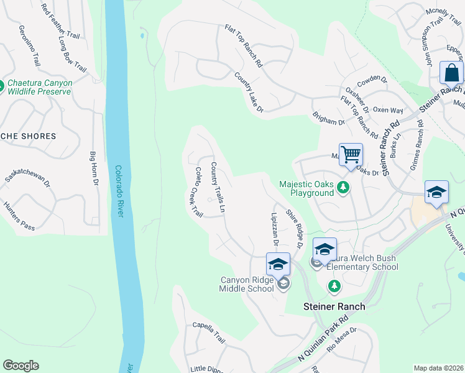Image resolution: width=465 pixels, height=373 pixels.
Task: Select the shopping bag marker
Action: point(451,73)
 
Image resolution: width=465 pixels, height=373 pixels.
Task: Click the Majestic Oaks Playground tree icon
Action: point(342,187)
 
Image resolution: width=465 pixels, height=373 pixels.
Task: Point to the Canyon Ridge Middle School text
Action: point(247,284)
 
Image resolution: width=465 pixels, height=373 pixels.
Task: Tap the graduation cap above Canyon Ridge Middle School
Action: point(278,264)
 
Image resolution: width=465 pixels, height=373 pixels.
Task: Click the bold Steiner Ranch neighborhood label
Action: point(334,306)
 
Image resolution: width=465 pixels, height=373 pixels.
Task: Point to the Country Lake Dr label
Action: point(249,93)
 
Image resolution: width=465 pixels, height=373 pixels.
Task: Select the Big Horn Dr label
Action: point(94,168)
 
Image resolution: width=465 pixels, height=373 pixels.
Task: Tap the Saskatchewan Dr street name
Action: point(27,177)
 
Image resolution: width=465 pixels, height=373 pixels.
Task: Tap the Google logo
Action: point(21,366)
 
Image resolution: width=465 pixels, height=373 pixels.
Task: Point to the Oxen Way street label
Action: point(388,110)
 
